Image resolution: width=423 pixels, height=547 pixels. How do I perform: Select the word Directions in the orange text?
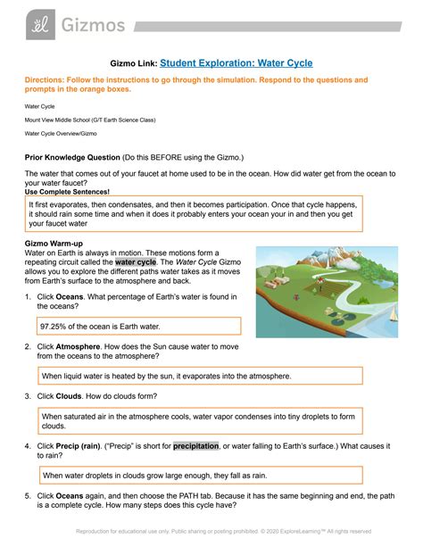coord(44,80)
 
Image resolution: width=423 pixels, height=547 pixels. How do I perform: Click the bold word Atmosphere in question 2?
coord(80,345)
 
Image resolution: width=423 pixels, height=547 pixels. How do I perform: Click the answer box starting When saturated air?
coord(200,421)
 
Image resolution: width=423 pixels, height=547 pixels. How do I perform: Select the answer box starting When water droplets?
coord(200,476)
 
